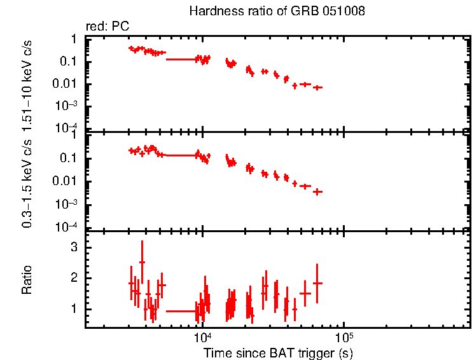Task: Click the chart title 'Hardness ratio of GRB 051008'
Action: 277,12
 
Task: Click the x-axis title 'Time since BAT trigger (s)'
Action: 278,352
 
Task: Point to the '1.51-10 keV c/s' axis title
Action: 27,83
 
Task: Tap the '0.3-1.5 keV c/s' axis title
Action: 27,181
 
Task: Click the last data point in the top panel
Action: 317,87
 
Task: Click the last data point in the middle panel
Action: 317,191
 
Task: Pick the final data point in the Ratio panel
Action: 317,283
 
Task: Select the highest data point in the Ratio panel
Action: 142,262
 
